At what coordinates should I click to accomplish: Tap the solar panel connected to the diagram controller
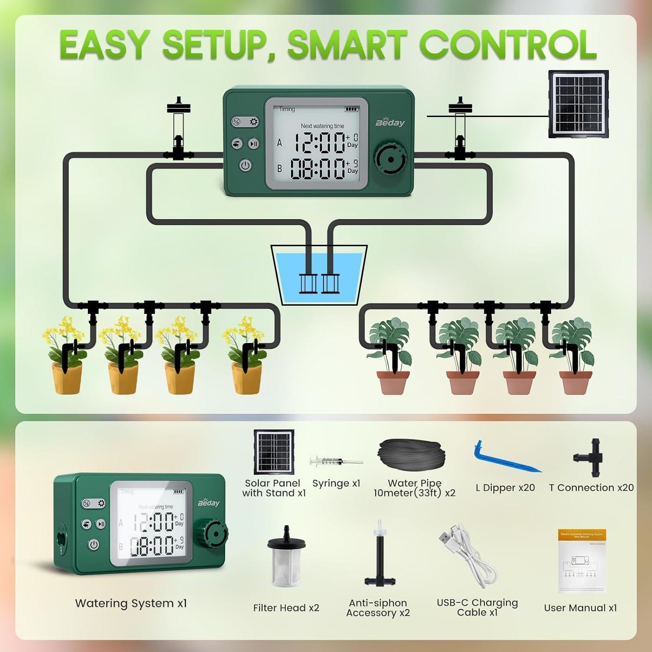click(578, 104)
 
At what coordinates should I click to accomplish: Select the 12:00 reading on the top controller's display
click(320, 143)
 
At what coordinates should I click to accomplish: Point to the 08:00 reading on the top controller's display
click(318, 169)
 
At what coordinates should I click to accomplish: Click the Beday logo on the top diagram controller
click(390, 123)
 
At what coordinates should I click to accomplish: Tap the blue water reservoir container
click(319, 276)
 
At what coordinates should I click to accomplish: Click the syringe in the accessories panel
click(336, 461)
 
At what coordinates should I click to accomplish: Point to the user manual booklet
click(582, 561)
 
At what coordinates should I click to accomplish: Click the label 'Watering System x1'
click(131, 603)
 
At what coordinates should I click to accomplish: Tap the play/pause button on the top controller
click(254, 144)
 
